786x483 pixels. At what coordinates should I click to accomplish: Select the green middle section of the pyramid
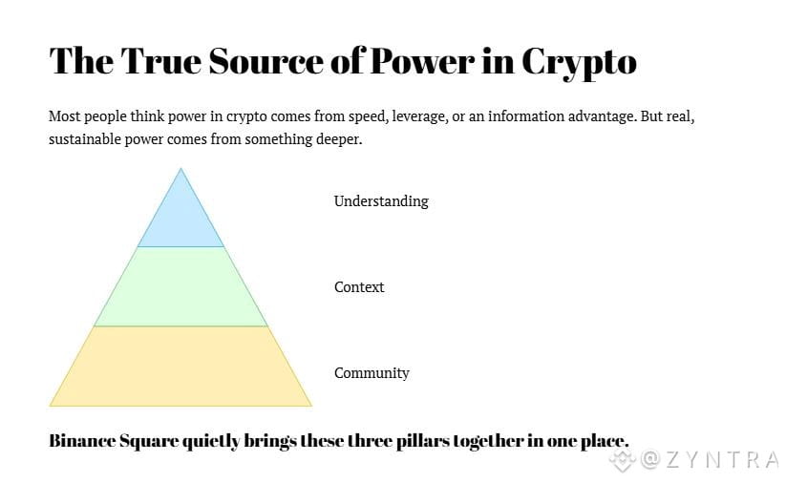point(181,286)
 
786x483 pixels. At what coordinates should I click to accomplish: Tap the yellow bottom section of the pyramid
point(181,367)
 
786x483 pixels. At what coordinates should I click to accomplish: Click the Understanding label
point(381,201)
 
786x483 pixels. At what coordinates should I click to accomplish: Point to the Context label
point(359,287)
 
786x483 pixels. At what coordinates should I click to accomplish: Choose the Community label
point(372,373)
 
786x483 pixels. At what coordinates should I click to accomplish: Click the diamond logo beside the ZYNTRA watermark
point(623,461)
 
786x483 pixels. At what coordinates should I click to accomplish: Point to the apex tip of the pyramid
point(181,170)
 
